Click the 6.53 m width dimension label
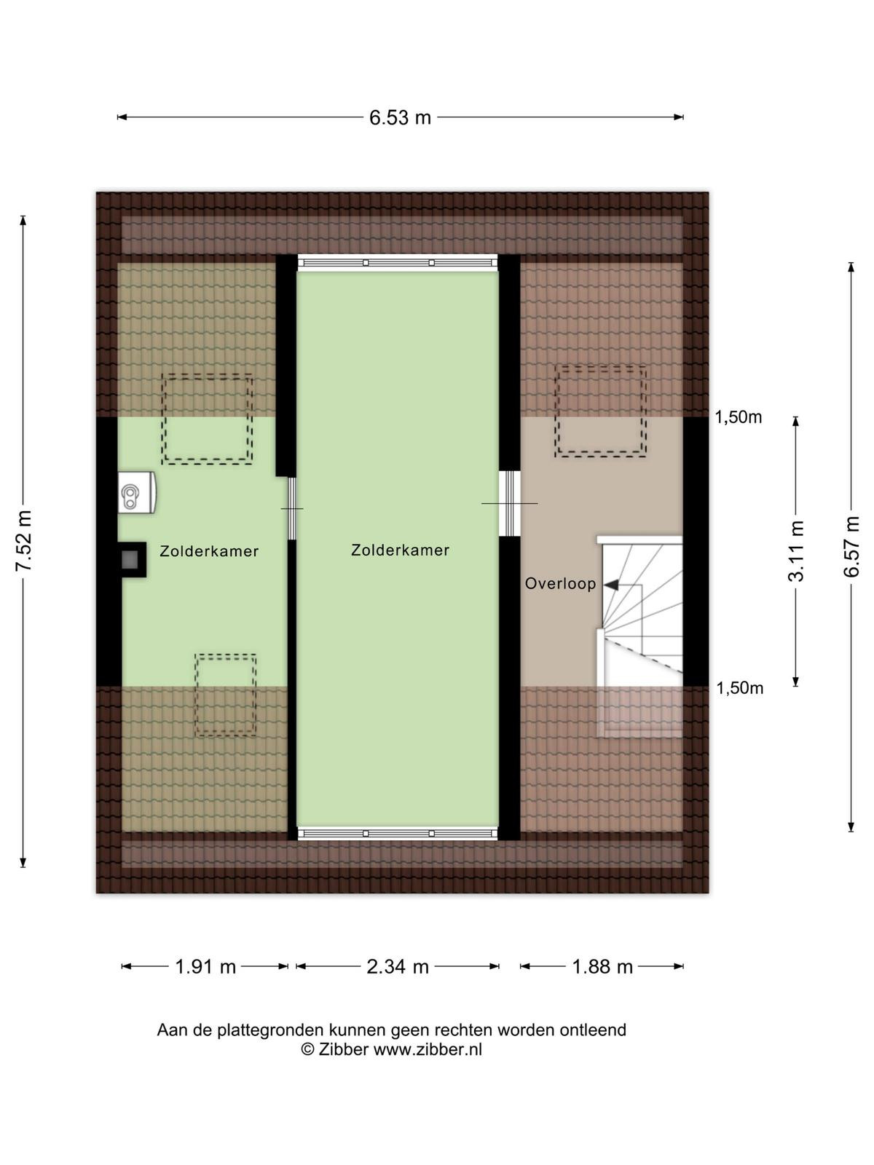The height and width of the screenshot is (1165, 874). tap(400, 117)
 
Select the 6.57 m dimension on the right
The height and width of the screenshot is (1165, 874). tap(851, 547)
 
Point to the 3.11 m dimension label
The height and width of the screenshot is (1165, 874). tap(796, 551)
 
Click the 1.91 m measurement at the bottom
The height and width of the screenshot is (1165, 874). tap(205, 967)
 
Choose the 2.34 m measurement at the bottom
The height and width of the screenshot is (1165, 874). tap(398, 967)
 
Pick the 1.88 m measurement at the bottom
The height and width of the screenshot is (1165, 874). tap(602, 967)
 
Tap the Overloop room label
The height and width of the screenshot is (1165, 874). tap(560, 584)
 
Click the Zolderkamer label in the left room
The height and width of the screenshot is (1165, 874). tap(209, 551)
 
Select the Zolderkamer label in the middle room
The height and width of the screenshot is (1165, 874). tap(400, 550)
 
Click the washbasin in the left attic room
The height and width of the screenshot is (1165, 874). tap(137, 492)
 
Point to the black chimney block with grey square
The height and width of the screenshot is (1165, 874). tap(132, 559)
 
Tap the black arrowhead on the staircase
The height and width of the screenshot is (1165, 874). tap(611, 585)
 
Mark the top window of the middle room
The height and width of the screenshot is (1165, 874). tap(398, 263)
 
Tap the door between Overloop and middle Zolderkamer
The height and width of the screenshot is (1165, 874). tap(509, 503)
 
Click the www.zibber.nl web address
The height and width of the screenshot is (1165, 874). tap(428, 1049)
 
